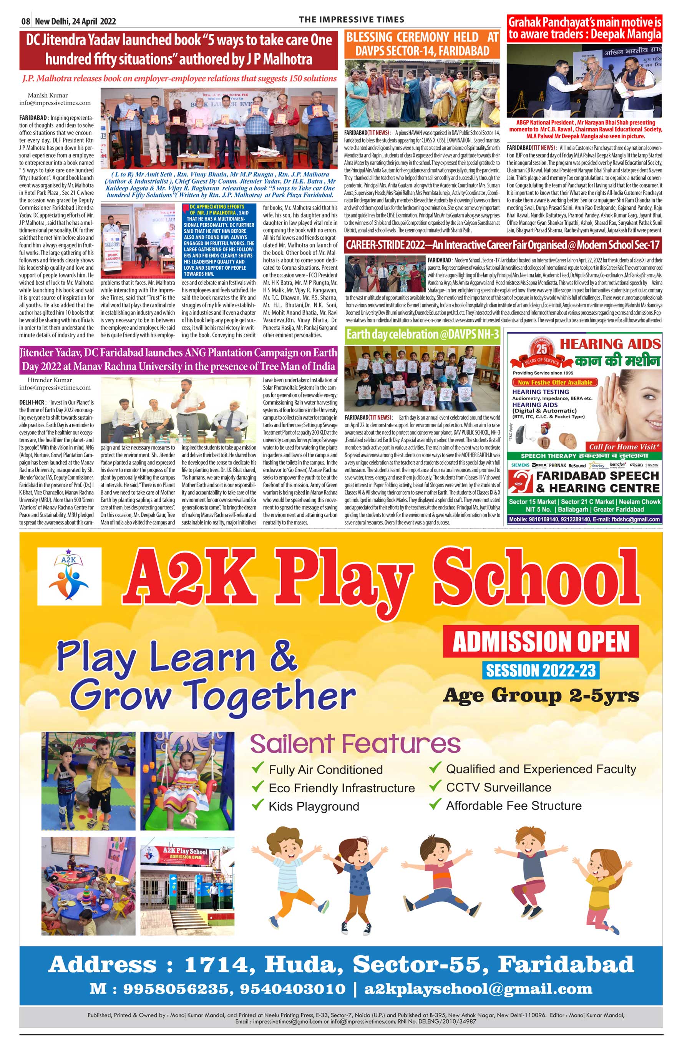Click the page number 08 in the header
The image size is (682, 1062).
tap(26, 21)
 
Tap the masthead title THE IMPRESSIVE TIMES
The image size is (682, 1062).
tap(351, 20)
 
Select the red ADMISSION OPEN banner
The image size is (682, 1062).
tap(540, 641)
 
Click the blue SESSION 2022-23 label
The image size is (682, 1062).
tap(540, 670)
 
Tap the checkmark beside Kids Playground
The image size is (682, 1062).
tap(257, 804)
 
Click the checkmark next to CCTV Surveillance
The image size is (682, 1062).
tap(435, 786)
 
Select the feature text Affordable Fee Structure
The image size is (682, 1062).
tap(513, 806)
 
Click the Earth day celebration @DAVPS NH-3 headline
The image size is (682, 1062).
tap(423, 334)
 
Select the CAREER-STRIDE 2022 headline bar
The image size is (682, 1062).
tap(503, 245)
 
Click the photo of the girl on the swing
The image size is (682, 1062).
tap(188, 781)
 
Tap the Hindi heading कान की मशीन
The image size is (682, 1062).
tap(617, 361)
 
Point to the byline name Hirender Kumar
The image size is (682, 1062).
tap(50, 380)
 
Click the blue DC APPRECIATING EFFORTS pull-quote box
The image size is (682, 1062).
tap(219, 241)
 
